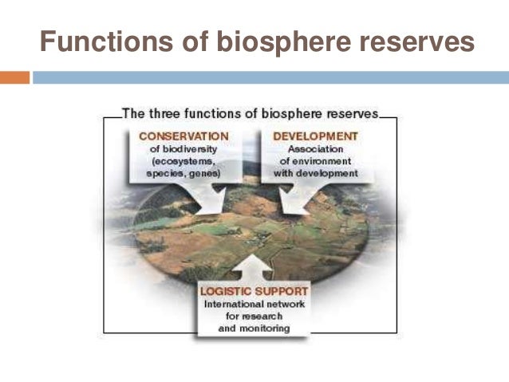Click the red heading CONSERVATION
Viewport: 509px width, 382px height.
click(x=184, y=136)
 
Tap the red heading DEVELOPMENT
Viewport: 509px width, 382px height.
click(x=315, y=136)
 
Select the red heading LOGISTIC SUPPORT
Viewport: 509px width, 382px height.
click(x=254, y=292)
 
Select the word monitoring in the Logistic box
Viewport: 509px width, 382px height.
click(x=266, y=328)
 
